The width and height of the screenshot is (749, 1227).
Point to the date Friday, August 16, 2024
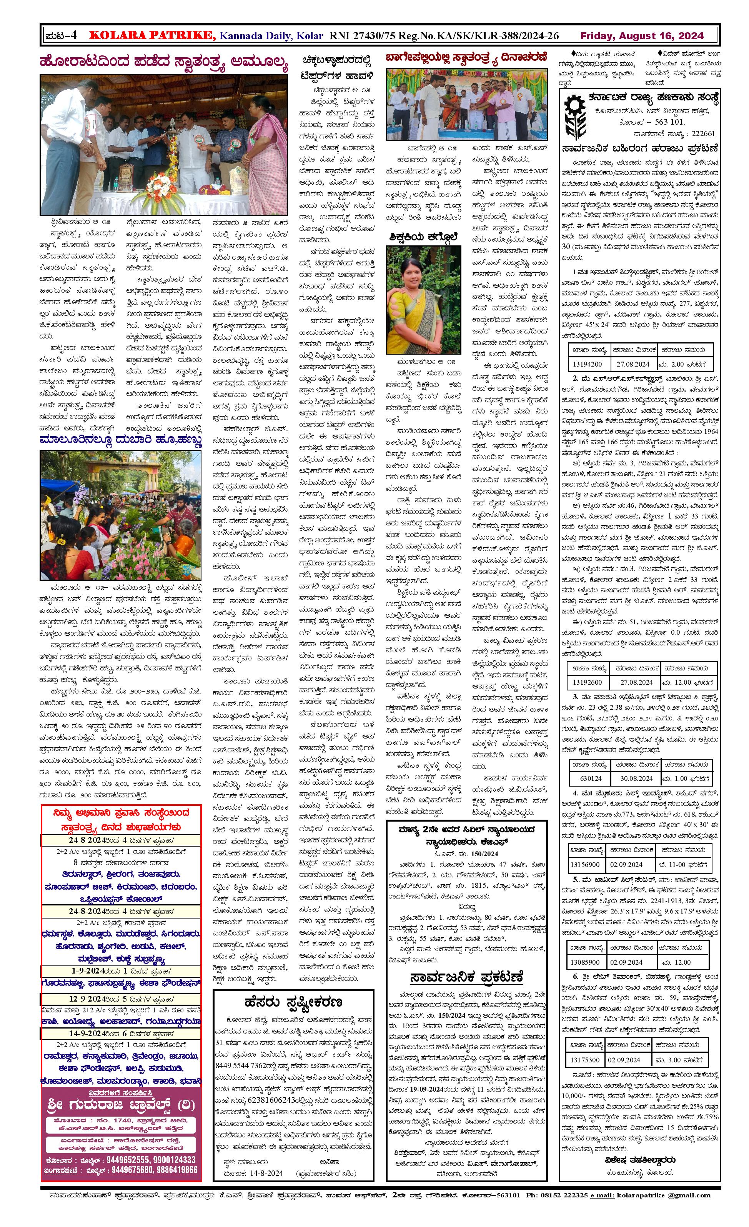tap(642, 36)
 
